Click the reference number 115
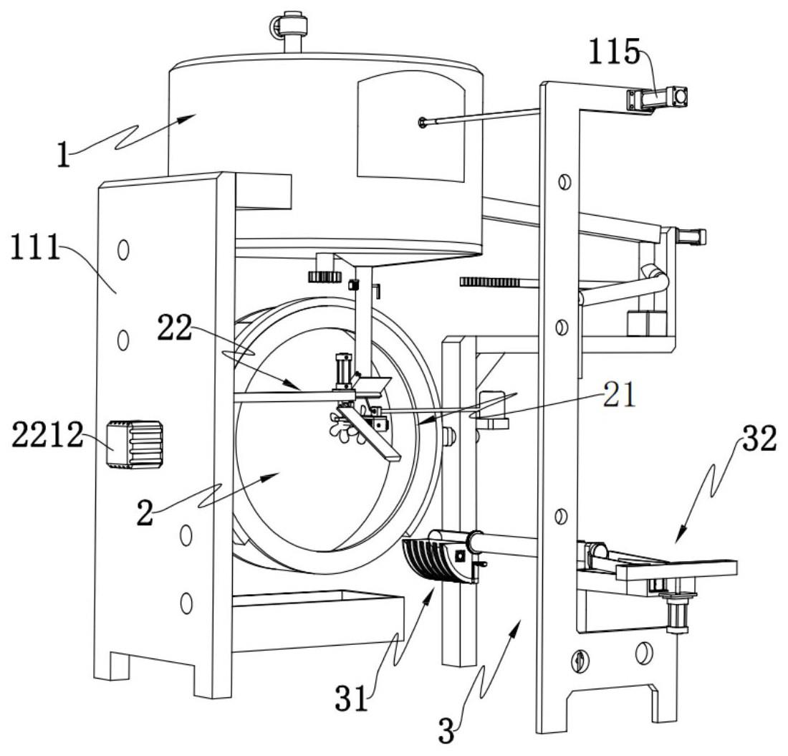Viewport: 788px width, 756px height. (614, 52)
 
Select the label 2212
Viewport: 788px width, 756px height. (47, 435)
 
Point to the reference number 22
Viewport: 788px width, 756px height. (175, 327)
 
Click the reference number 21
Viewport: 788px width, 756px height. (619, 395)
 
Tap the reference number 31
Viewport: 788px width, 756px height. (352, 698)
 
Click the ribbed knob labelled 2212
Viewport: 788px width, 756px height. (134, 445)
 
